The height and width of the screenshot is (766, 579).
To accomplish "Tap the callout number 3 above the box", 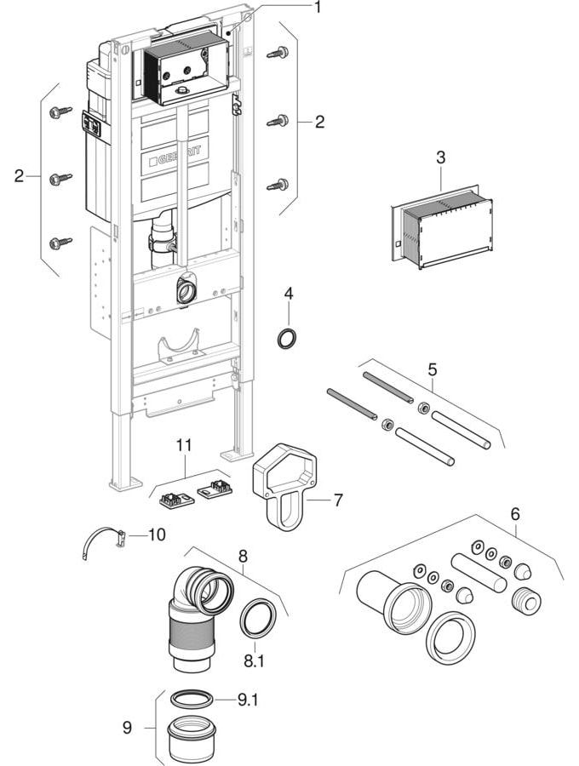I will click(x=440, y=158).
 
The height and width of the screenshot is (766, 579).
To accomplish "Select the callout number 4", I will click(x=289, y=294).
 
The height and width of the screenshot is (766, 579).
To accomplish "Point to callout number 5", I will click(x=433, y=370).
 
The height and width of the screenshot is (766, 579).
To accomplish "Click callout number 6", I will click(x=514, y=515).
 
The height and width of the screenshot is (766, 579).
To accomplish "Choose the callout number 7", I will click(x=338, y=500).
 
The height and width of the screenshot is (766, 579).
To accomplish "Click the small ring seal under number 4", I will click(x=289, y=338).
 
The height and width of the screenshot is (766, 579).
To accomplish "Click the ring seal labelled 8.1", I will click(x=255, y=617).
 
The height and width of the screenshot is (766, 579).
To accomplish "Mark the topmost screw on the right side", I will click(x=278, y=53).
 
